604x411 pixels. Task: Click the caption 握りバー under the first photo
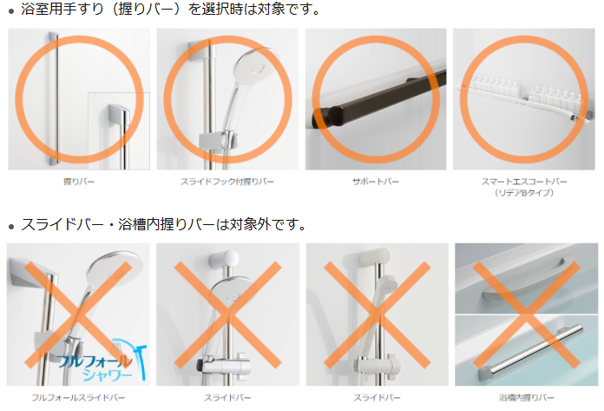coord(79,182)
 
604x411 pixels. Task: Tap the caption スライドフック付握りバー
coord(227,182)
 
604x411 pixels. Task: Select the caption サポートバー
coord(376,182)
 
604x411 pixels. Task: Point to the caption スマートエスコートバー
coord(524,182)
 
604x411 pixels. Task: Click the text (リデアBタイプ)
coord(524,192)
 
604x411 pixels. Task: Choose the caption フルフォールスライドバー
coord(78,397)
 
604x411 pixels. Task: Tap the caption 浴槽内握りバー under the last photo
coord(527,397)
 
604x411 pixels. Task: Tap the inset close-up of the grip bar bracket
coord(119,131)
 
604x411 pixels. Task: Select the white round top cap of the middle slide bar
coord(223,258)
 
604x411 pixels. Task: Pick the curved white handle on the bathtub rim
coord(525,281)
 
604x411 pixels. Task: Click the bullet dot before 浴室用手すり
coord(11,12)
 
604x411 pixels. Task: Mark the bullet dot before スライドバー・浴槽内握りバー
coord(11,227)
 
